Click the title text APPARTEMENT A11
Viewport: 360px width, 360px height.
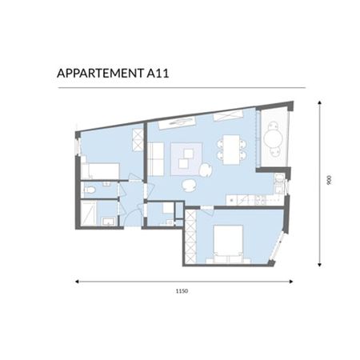(112, 74)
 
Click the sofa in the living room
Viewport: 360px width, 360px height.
(157, 159)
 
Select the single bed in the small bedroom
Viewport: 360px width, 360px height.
(102, 170)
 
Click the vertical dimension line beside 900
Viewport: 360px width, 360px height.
(320, 182)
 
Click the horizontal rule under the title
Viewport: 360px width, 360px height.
(180, 87)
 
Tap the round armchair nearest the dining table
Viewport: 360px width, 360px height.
(206, 170)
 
